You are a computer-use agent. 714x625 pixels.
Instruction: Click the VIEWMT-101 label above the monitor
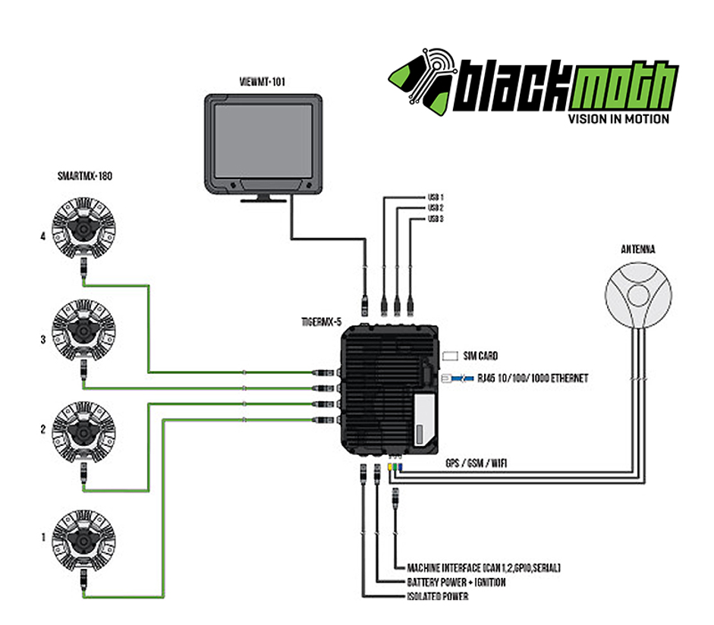coord(263,81)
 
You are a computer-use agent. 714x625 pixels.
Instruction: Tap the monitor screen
coord(263,141)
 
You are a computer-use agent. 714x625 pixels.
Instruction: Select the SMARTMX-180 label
coord(85,176)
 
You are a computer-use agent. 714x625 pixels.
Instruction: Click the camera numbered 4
coord(83,228)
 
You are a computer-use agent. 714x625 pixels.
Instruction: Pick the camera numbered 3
coord(83,331)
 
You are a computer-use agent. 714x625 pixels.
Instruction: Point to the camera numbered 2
coord(83,432)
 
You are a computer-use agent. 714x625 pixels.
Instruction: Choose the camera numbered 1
coord(83,541)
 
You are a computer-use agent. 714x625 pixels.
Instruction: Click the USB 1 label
coord(436,197)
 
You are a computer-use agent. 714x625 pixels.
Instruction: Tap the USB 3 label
coord(436,219)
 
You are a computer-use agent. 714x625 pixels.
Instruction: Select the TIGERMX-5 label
coord(321,322)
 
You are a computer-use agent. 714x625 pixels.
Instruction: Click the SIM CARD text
coord(480,356)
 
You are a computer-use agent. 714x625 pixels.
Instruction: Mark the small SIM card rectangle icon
coord(450,356)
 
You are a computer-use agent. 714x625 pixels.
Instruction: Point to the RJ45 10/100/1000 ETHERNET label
coord(533,378)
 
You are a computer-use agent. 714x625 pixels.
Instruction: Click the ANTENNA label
coord(638,249)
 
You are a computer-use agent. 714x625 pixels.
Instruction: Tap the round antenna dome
coord(638,295)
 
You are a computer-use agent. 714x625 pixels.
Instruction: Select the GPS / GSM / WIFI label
coord(476,463)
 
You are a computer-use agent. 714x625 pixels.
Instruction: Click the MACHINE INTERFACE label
coord(483,567)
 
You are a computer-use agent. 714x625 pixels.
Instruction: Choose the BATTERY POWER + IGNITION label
coord(456,583)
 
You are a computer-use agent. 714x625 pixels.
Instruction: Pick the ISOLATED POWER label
coord(438,596)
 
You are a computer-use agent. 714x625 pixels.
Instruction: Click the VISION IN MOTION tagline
coord(618,119)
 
